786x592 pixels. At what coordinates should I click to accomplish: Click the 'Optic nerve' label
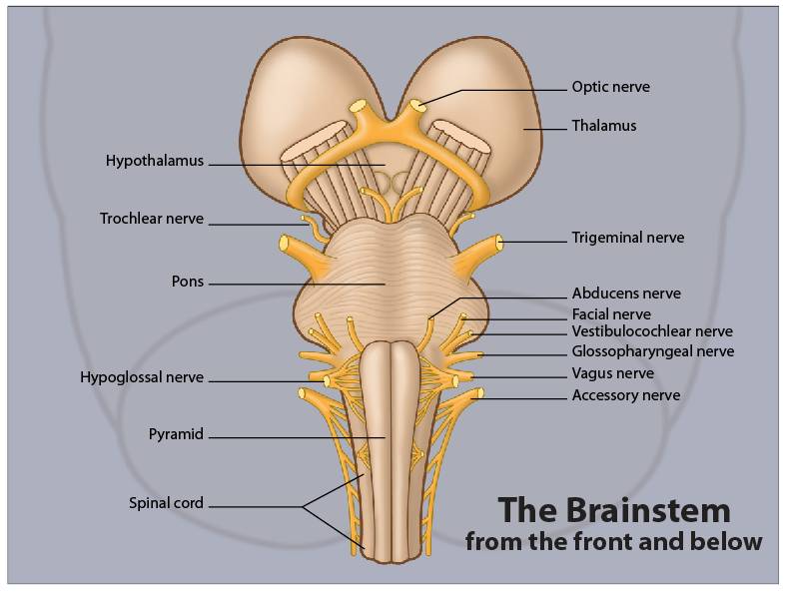[610, 87]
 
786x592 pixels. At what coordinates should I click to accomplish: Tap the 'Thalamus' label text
[603, 126]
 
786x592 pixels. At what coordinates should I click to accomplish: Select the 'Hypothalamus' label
[155, 161]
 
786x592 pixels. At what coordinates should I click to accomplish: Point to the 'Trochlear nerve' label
[151, 219]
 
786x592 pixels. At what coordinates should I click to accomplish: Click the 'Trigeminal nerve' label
[627, 238]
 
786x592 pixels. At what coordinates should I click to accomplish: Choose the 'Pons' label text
[187, 282]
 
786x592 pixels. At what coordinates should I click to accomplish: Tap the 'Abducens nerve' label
[625, 294]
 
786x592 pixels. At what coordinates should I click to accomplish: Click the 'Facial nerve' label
[610, 314]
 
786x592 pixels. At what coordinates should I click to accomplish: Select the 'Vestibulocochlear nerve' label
[651, 331]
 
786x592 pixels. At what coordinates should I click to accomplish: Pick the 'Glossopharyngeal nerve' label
[652, 351]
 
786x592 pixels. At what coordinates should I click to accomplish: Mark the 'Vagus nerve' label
[612, 373]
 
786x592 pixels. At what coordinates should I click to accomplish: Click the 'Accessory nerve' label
[625, 395]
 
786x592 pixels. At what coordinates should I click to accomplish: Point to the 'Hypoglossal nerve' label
[142, 377]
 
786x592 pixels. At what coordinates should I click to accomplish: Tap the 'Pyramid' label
[176, 434]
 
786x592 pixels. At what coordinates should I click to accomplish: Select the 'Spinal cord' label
[166, 503]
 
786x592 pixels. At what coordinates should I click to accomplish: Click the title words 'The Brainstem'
[614, 510]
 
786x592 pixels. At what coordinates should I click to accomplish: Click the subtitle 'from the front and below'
[613, 542]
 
